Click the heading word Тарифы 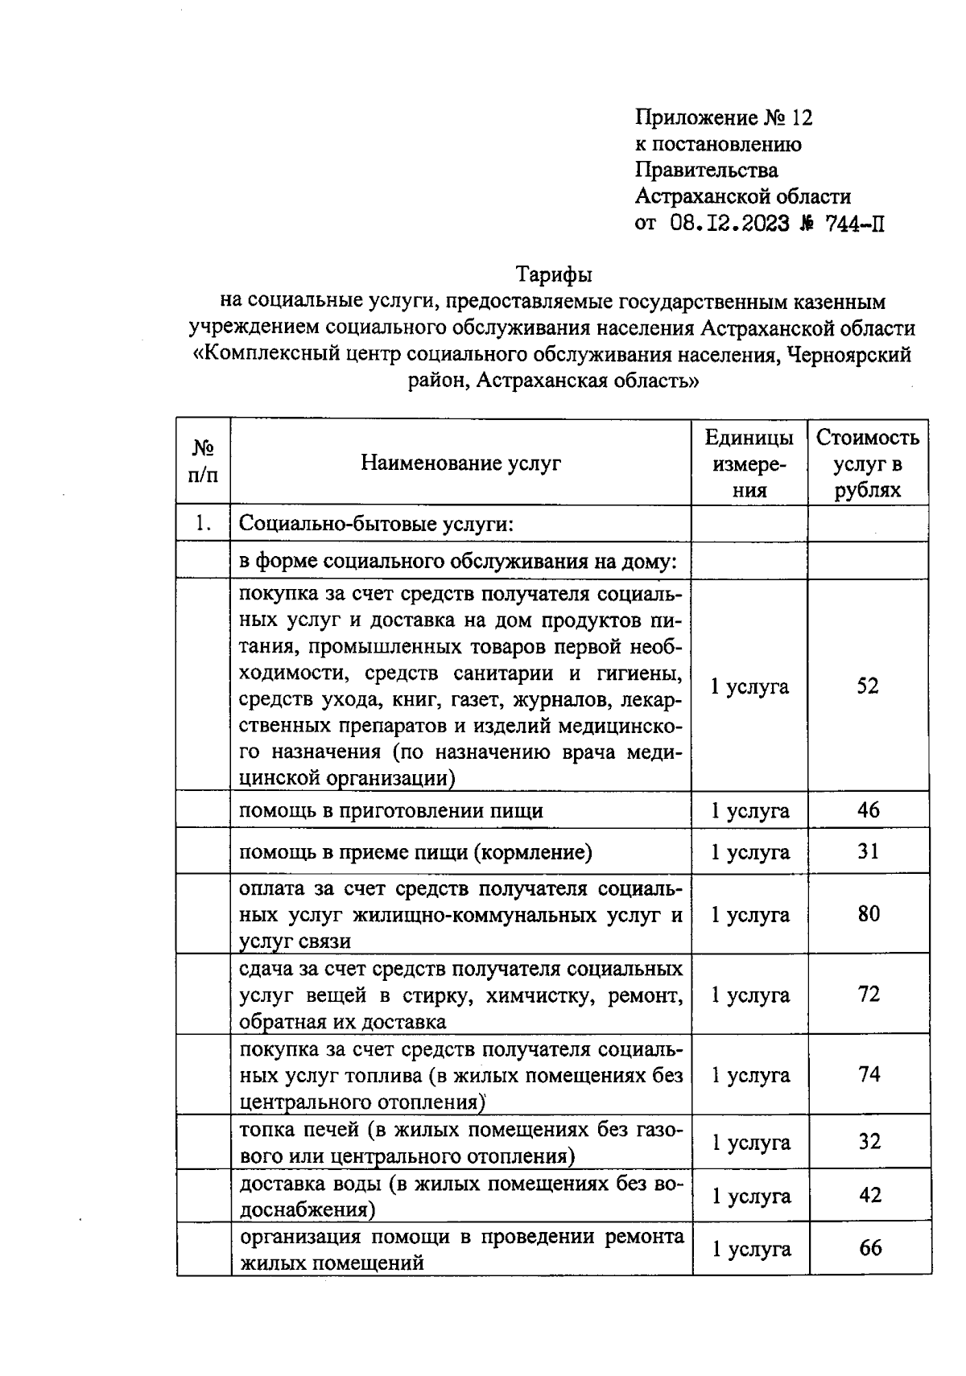pyautogui.click(x=554, y=275)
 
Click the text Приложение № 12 pyautogui.click(x=724, y=118)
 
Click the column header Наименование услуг pyautogui.click(x=460, y=463)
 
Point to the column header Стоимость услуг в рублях pyautogui.click(x=867, y=463)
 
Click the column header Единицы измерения pyautogui.click(x=749, y=463)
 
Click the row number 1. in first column pyautogui.click(x=203, y=524)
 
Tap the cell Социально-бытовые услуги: pyautogui.click(x=377, y=525)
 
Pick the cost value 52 pyautogui.click(x=867, y=686)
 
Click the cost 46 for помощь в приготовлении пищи pyautogui.click(x=868, y=810)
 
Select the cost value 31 pyautogui.click(x=868, y=851)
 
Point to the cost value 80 pyautogui.click(x=869, y=914)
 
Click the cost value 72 pyautogui.click(x=869, y=995)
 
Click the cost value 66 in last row pyautogui.click(x=870, y=1248)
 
